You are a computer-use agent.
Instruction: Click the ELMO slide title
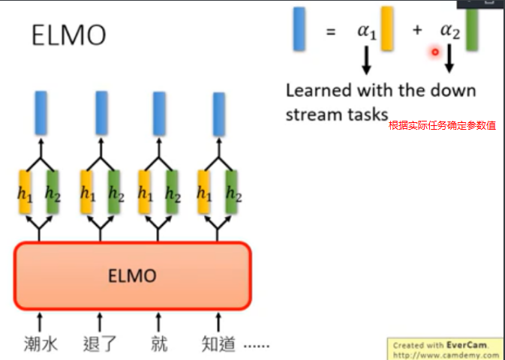coord(68,35)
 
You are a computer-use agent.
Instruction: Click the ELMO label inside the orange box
coord(132,276)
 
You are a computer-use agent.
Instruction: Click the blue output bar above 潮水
coord(41,112)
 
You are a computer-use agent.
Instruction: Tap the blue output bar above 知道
coord(219,113)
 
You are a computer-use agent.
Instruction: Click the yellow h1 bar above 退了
coord(86,193)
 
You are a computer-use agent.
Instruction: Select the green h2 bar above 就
coord(172,193)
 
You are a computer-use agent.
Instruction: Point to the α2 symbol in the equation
coord(449,32)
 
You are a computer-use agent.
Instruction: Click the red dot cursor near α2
coord(434,52)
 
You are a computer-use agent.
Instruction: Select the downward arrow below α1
coord(367,61)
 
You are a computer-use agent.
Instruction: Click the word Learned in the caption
coord(319,91)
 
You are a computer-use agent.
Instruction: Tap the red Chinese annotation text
coord(442,125)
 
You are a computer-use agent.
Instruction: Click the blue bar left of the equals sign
coord(299,28)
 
